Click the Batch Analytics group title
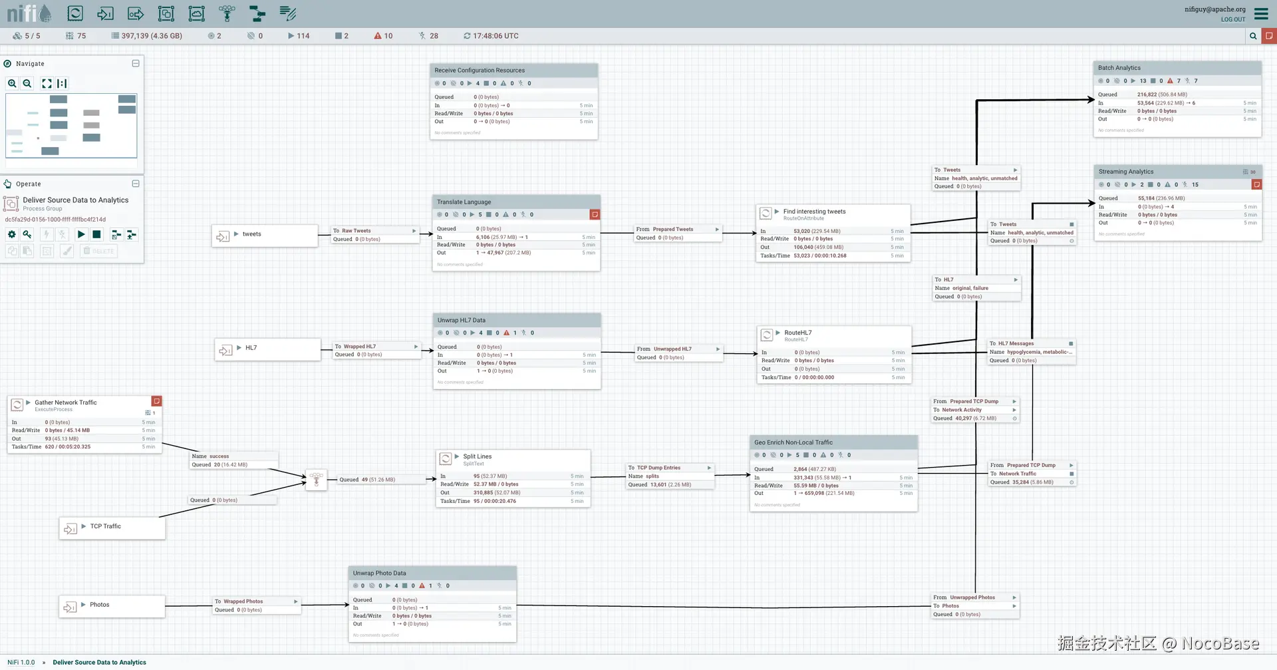coord(1119,68)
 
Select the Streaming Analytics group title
coord(1126,172)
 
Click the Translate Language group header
coord(464,202)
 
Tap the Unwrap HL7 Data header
coord(462,320)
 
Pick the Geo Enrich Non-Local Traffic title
coord(793,442)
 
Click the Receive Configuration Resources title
coord(480,71)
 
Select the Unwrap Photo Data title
coord(379,573)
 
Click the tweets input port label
coord(251,234)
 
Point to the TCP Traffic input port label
coord(106,526)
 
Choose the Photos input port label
coord(100,605)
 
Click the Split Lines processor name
coord(478,456)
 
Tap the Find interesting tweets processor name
coord(815,212)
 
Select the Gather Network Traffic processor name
coord(66,403)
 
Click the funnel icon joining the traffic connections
coord(317,479)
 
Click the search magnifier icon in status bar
coord(1253,36)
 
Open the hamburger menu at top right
coord(1261,13)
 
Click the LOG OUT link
coord(1233,19)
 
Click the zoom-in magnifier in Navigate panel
coord(12,83)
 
